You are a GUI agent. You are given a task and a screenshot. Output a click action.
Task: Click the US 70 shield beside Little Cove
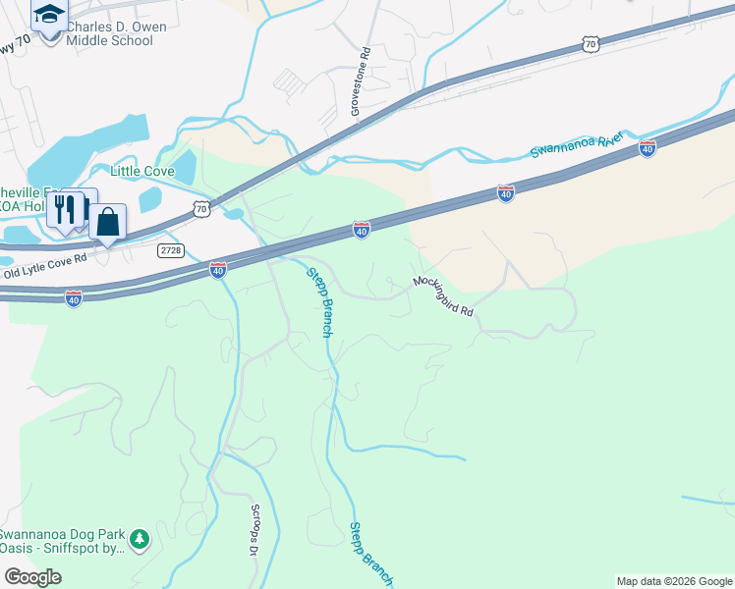[200, 208]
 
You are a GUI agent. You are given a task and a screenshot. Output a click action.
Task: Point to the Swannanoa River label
[578, 145]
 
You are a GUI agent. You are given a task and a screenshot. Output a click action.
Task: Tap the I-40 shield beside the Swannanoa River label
[647, 147]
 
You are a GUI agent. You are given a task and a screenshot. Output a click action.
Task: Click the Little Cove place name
[141, 171]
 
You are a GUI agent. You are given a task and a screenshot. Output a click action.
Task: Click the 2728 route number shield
[171, 250]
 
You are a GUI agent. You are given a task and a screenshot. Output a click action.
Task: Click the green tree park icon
[141, 538]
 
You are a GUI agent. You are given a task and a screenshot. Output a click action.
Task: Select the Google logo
[32, 577]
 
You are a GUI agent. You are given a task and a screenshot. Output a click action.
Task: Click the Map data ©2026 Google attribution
[674, 581]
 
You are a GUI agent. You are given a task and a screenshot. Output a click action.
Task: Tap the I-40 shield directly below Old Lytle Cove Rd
[73, 297]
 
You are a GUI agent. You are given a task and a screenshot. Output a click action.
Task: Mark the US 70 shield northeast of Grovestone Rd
[589, 43]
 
